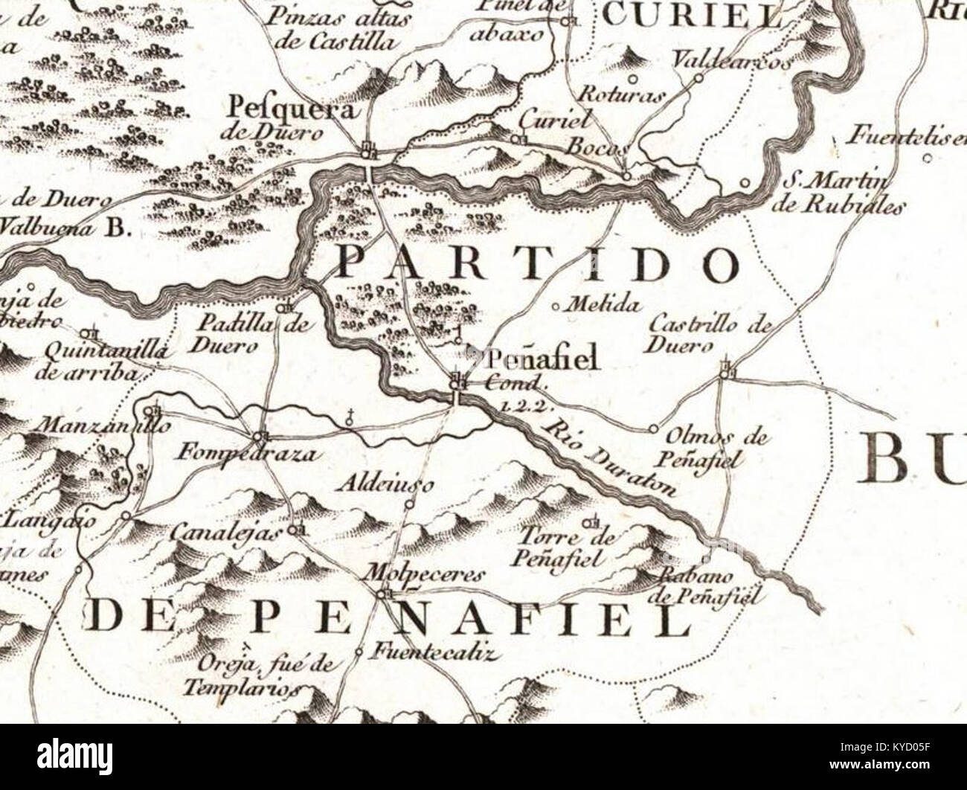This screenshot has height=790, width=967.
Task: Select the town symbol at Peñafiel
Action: pyautogui.click(x=458, y=382)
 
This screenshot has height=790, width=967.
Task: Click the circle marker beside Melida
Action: pyautogui.click(x=557, y=306)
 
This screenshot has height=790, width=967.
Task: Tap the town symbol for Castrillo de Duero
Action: pyautogui.click(x=727, y=371)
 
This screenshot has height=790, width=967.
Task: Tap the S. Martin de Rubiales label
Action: pyautogui.click(x=837, y=193)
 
